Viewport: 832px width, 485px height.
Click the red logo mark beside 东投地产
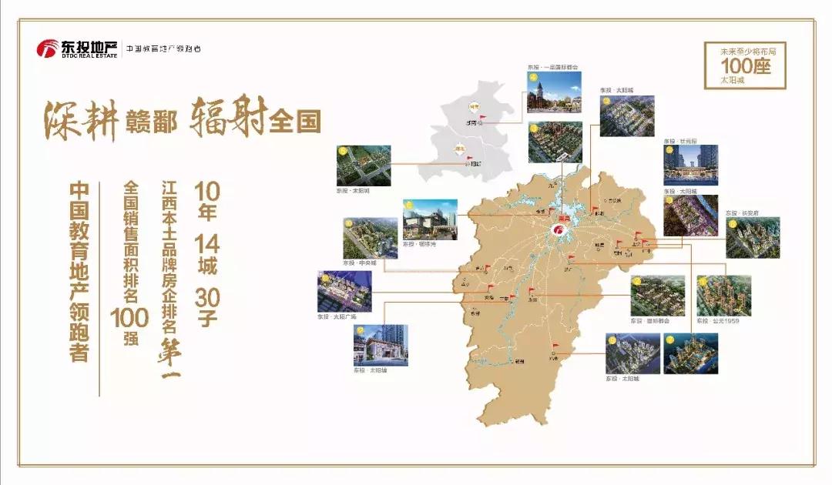pyautogui.click(x=48, y=48)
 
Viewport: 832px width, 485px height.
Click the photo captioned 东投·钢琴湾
pyautogui.click(x=430, y=219)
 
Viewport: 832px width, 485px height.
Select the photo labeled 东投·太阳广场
pyautogui.click(x=344, y=290)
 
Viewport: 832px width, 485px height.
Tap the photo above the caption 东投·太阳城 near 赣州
pyautogui.click(x=632, y=353)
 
